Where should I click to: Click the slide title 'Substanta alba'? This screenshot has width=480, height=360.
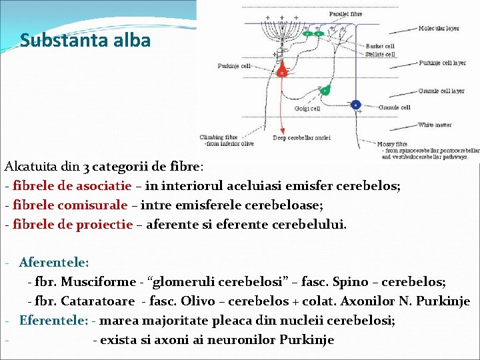(x=85, y=41)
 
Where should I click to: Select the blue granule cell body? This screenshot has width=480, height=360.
(x=355, y=105)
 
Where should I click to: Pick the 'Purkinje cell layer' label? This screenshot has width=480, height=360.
(x=442, y=63)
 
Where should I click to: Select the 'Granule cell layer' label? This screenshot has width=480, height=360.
(x=441, y=91)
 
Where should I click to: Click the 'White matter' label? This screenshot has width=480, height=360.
(x=435, y=125)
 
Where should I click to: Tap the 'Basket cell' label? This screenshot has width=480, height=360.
(x=380, y=47)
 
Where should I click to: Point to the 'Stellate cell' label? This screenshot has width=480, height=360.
(x=380, y=54)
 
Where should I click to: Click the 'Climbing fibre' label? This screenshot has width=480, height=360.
(x=218, y=137)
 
